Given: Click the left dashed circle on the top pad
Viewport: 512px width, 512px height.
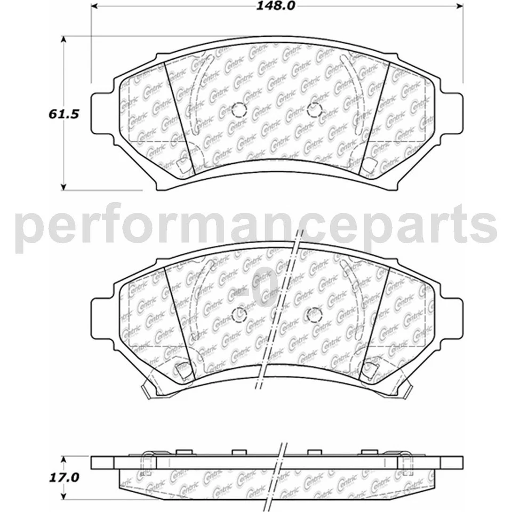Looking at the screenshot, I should point(239,109).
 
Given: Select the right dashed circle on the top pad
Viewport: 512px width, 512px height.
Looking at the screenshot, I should point(315,109).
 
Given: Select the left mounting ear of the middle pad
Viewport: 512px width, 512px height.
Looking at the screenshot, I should point(103,318).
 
